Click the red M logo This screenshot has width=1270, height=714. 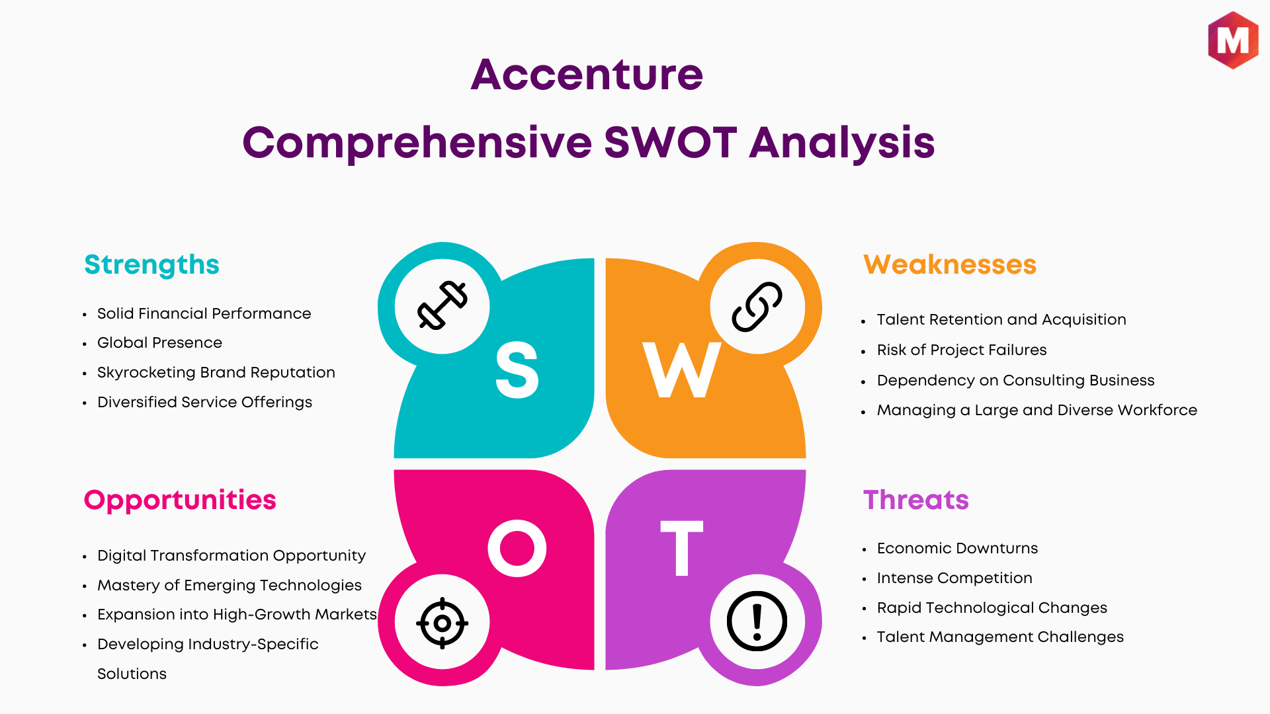point(1233,40)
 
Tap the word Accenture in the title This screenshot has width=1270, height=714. point(587,74)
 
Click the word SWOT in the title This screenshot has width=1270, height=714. point(670,142)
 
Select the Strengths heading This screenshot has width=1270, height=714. point(151,265)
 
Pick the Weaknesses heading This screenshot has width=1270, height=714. point(950,264)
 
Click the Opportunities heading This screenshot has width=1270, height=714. point(180,500)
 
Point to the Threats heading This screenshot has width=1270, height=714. point(916,500)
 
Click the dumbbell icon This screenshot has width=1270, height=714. point(443,305)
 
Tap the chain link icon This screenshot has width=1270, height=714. point(757,307)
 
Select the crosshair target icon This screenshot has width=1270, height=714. point(443,623)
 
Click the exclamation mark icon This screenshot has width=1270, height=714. point(757,621)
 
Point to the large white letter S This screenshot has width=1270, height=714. point(517,370)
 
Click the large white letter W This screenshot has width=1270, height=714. point(682,370)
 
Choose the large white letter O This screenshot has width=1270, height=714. point(517,548)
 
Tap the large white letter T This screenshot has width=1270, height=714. point(682,548)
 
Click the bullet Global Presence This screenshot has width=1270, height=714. point(159,342)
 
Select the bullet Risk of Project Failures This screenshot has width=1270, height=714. point(962,350)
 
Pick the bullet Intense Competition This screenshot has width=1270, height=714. point(954,578)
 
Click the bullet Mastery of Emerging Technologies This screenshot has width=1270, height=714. point(230,585)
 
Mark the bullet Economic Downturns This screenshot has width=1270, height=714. point(957,548)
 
